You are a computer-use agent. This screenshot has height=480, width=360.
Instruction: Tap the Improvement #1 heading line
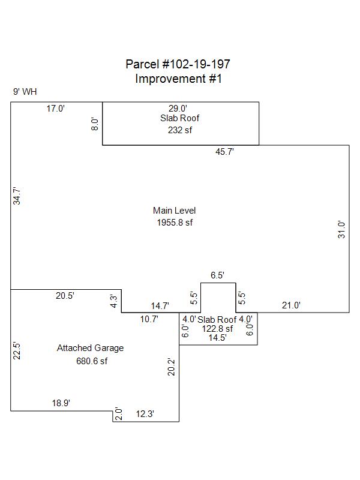[178, 79]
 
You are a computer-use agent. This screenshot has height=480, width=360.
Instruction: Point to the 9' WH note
[25, 92]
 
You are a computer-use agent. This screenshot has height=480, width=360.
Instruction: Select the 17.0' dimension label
[55, 109]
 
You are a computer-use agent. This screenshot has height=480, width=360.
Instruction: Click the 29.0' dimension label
[178, 109]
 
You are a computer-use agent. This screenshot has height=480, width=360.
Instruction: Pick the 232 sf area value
[180, 130]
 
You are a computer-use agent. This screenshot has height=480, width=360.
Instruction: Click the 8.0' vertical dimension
[95, 124]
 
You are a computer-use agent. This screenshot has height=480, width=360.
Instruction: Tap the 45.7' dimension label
[224, 152]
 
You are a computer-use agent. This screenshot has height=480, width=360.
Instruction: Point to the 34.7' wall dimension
[17, 196]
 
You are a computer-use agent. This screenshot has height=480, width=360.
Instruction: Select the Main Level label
[174, 211]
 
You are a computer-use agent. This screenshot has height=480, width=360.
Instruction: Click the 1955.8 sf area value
[175, 223]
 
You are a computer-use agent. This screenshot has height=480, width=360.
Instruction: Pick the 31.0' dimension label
[341, 230]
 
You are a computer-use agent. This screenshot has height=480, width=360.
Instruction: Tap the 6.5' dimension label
[217, 275]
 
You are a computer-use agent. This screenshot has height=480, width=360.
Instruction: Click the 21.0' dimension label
[291, 305]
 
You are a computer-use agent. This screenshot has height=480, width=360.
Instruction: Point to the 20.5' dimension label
[65, 296]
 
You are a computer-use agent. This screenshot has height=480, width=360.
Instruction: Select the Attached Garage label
[91, 348]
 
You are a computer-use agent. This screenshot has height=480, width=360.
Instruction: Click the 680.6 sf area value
[92, 361]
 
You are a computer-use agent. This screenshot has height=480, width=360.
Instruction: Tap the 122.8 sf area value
[217, 329]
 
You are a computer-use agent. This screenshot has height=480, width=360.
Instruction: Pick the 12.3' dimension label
[145, 414]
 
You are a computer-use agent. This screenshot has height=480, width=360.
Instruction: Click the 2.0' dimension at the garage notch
[118, 413]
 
